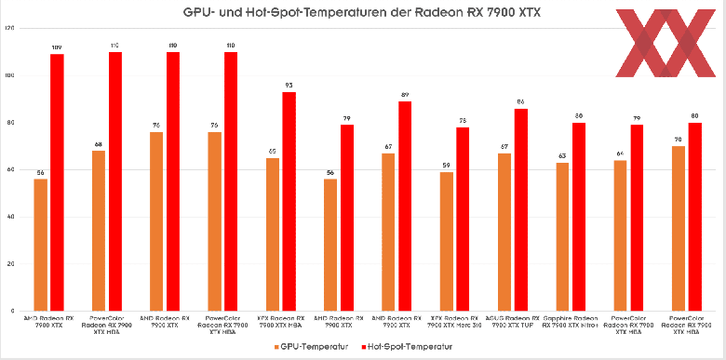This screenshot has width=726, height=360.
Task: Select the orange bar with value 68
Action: click(99, 230)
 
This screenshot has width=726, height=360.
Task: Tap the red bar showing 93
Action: click(289, 200)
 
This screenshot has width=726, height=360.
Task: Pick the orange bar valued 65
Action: click(273, 233)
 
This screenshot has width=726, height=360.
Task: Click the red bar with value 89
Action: click(405, 205)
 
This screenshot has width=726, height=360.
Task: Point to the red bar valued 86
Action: click(521, 208)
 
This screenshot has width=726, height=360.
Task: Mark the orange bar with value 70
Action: click(679, 228)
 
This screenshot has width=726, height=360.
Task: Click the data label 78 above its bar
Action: click(463, 121)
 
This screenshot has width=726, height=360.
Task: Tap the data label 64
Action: click(621, 154)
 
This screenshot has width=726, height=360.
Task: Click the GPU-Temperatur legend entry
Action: click(309, 346)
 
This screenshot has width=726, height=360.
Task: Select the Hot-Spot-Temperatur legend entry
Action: click(406, 346)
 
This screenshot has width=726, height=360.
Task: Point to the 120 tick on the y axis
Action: click(9, 28)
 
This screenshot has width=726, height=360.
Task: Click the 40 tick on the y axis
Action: click(10, 217)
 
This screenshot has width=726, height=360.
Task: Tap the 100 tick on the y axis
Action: click(9, 75)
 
